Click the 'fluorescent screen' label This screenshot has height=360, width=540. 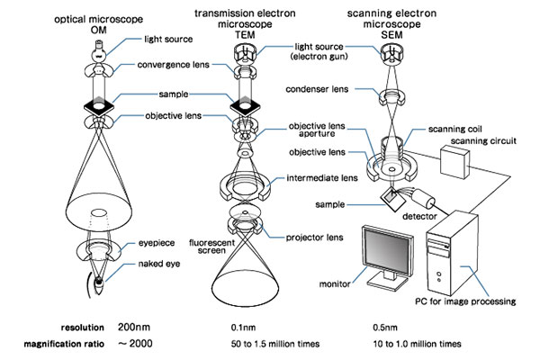coord(212,248)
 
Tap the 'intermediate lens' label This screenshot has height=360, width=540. coord(319,178)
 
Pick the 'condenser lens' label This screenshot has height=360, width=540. coord(315,89)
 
